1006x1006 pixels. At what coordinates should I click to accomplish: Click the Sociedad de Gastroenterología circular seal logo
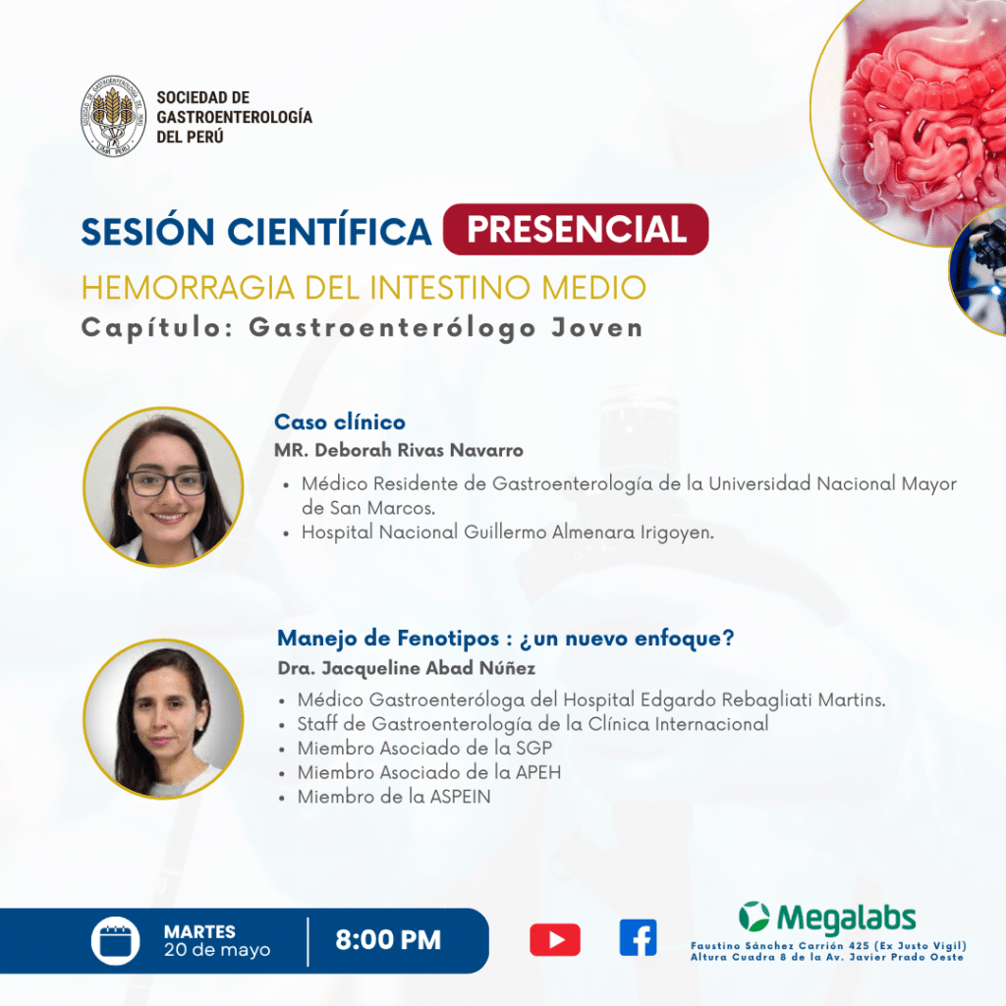tap(114, 116)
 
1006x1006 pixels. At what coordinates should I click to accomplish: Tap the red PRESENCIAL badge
tap(576, 229)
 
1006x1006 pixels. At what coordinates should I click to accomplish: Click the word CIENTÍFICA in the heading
tap(329, 231)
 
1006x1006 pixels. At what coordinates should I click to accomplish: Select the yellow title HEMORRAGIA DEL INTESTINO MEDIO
tap(363, 288)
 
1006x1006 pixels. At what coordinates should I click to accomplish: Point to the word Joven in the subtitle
tap(596, 328)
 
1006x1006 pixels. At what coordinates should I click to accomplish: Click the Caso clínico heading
tap(340, 421)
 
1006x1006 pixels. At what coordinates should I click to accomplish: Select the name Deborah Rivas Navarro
tap(419, 450)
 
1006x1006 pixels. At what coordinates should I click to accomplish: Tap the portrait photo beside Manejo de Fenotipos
tap(164, 718)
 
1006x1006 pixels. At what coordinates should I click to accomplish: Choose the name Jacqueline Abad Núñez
tap(428, 668)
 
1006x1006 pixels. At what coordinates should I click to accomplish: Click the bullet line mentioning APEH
tap(428, 772)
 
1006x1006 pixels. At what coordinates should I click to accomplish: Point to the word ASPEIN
tap(460, 797)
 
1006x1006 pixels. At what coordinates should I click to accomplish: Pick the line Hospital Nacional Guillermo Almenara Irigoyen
tap(508, 532)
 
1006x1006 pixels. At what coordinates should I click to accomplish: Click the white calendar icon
tap(116, 941)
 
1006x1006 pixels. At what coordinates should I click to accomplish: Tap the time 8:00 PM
tap(388, 940)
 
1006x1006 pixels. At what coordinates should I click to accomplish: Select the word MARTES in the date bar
tap(199, 931)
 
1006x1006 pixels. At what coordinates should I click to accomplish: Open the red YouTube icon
tap(555, 940)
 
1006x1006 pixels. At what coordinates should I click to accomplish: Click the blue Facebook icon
tap(638, 938)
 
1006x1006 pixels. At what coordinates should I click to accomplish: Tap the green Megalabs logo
tap(827, 918)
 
